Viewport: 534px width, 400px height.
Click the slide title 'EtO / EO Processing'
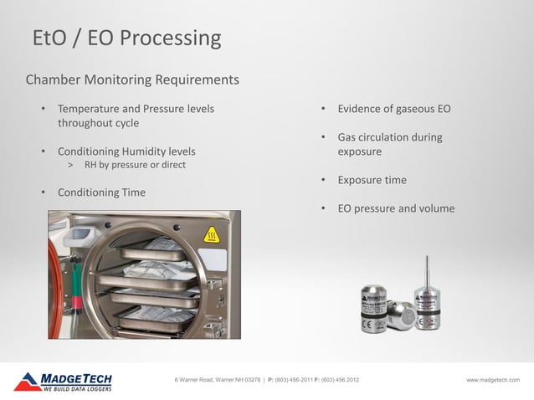point(126,38)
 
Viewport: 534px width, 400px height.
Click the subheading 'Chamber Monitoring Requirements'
point(132,80)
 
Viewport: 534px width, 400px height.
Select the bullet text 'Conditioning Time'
point(101,192)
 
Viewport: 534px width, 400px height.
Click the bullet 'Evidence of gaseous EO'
point(394,109)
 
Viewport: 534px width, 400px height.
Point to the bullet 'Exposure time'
point(372,180)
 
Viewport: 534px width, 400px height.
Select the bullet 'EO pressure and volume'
point(396,208)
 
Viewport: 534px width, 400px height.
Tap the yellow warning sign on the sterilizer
point(212,236)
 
